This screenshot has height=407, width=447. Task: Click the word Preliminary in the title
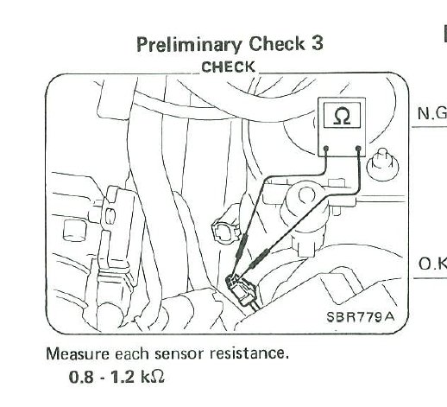point(189,45)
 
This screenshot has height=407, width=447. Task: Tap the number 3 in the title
point(317,44)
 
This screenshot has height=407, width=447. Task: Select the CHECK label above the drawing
point(228,67)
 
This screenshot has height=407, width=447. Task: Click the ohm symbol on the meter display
point(342,116)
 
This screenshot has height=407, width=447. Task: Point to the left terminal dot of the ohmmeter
point(326,149)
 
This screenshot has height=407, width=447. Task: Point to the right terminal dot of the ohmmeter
point(358,149)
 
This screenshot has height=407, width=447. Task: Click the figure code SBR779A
point(361,317)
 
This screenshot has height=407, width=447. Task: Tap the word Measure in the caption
point(78,353)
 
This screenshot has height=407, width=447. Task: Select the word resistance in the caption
point(249,353)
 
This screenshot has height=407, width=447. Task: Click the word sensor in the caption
point(179,355)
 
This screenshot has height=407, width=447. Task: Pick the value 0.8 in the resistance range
point(81,377)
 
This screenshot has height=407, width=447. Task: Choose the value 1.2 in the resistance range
point(123,377)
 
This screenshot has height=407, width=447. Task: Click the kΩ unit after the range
point(153,376)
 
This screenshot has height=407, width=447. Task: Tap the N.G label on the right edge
point(432,113)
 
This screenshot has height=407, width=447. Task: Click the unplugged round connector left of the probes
point(226,230)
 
